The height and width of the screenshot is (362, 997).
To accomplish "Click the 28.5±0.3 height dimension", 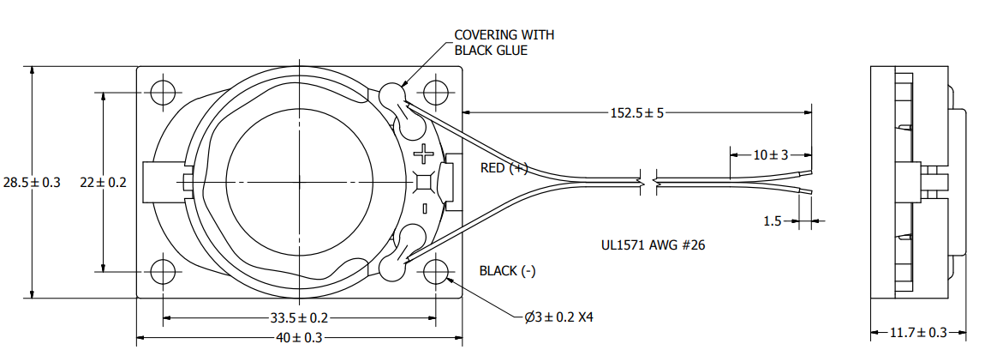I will [33, 183].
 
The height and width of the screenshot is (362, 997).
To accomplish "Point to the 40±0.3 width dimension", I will [300, 337].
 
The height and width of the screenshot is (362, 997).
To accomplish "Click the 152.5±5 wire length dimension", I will [636, 112].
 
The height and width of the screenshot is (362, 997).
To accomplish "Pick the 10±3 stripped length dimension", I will [770, 155].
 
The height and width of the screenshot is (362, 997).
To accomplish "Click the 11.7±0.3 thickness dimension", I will [918, 332].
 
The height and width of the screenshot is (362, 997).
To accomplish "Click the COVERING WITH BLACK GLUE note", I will [504, 42].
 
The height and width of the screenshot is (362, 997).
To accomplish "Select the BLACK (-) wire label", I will [507, 271].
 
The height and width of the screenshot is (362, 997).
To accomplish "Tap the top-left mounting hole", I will [163, 92].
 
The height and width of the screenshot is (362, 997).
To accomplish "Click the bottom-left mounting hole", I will [163, 272].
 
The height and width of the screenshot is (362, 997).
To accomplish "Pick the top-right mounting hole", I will [436, 92].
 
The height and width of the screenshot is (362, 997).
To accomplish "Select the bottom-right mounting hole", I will [436, 272].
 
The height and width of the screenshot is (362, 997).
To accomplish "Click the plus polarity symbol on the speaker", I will [424, 155].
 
